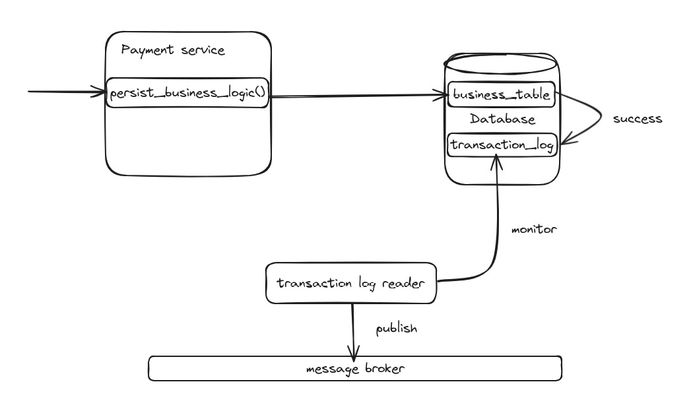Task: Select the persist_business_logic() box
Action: pyautogui.click(x=187, y=92)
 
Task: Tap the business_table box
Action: pyautogui.click(x=502, y=94)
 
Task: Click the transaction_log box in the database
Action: pyautogui.click(x=502, y=144)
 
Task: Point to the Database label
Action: pyautogui.click(x=502, y=119)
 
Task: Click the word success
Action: pyautogui.click(x=637, y=119)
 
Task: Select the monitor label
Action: pyautogui.click(x=534, y=230)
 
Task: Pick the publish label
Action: pyautogui.click(x=396, y=328)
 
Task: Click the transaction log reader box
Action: pyautogui.click(x=350, y=284)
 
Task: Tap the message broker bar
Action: pyautogui.click(x=354, y=368)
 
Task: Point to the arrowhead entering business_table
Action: pyautogui.click(x=444, y=96)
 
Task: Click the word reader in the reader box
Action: pyautogui.click(x=416, y=284)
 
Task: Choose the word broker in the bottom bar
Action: pyautogui.click(x=383, y=368)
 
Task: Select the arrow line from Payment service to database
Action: pyautogui.click(x=356, y=96)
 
